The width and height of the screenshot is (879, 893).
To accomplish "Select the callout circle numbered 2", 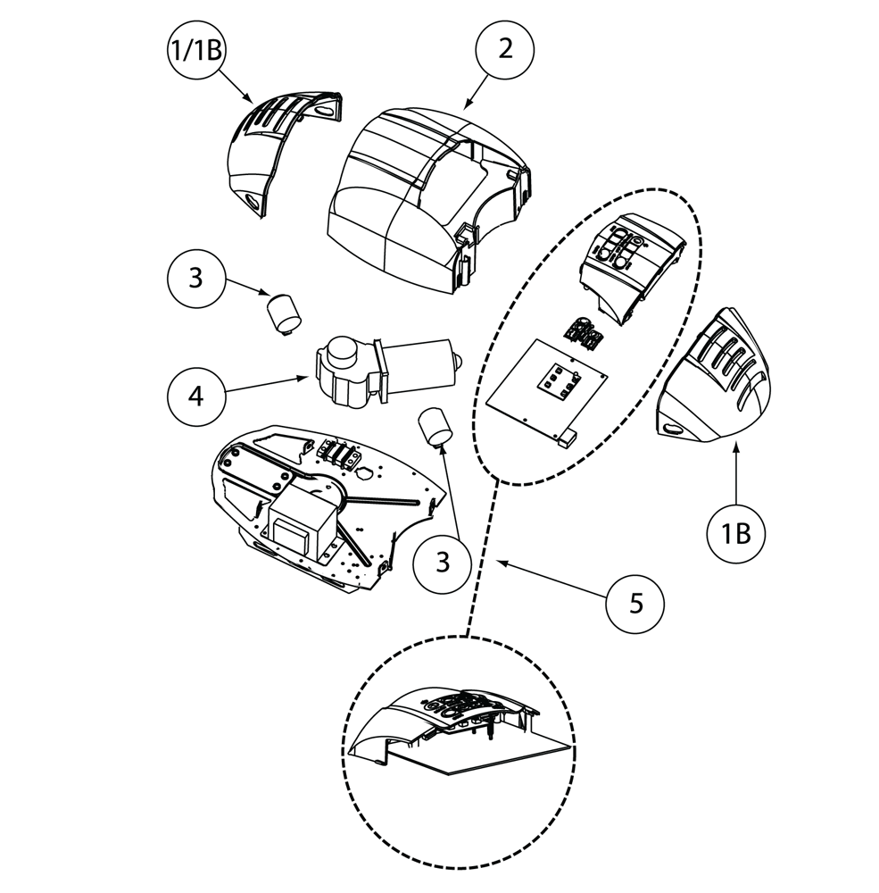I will pos(505,49).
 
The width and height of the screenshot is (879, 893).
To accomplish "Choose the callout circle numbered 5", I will pos(635,603).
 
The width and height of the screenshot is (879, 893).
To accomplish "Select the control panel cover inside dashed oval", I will pos(629,259).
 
